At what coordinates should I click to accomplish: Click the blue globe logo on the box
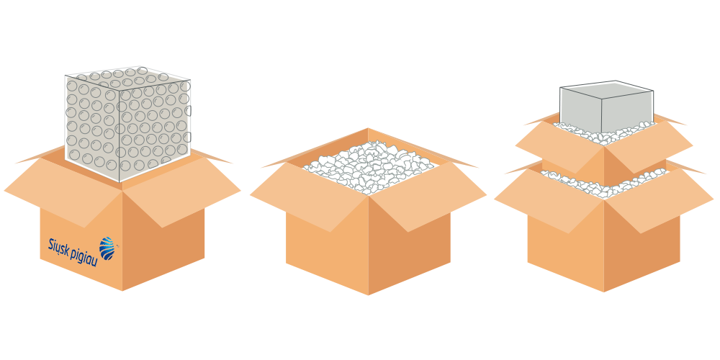[107, 248]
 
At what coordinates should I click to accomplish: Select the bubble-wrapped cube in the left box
[127, 124]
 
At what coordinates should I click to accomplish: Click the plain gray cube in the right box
[606, 107]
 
